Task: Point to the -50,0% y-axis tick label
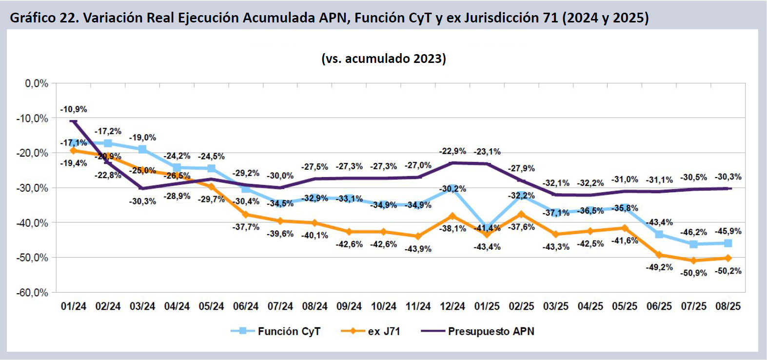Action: (x=32, y=258)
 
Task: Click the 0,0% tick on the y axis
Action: (x=37, y=83)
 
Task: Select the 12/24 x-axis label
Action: (x=452, y=306)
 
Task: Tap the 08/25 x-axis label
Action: (x=728, y=306)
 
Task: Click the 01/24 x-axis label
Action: (x=74, y=306)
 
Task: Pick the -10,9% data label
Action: (x=74, y=109)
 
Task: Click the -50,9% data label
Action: (x=694, y=273)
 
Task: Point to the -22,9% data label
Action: (x=452, y=151)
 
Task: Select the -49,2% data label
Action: (x=659, y=267)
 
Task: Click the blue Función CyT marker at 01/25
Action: (x=487, y=227)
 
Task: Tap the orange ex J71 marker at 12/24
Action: (x=452, y=216)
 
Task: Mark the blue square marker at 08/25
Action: (x=728, y=243)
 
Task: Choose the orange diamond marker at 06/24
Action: (x=246, y=215)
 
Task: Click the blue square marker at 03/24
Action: (x=142, y=149)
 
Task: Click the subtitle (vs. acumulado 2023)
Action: (x=384, y=59)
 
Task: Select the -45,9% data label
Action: (x=728, y=231)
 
